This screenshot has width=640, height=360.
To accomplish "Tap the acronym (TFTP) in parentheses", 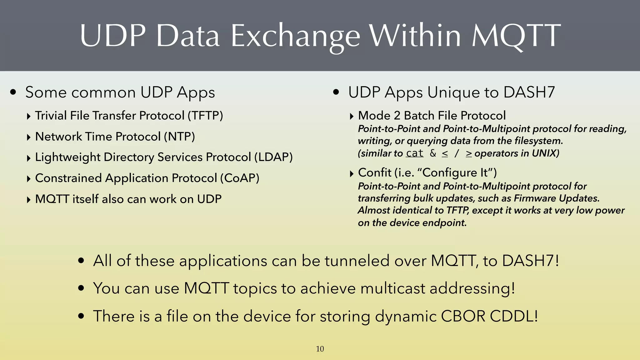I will (205, 116).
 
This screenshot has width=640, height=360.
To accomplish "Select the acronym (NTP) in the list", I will (180, 137).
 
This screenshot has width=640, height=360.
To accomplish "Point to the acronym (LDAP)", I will (273, 157).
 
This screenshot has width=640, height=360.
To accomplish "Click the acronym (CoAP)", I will (240, 178).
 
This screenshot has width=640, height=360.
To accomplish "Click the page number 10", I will (320, 349).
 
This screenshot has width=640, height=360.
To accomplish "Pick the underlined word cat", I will (415, 153).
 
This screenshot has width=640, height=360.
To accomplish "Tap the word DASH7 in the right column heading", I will (529, 92).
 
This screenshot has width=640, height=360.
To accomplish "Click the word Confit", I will (374, 172).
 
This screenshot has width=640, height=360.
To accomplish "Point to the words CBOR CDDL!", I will (489, 316).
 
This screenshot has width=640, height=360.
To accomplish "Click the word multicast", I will (393, 288).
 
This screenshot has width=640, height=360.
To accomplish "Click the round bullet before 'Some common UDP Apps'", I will (13, 92).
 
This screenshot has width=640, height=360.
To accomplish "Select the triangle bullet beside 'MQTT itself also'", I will (29, 200).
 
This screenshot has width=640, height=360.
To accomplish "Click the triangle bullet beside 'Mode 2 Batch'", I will (352, 117).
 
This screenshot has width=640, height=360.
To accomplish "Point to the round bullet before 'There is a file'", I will (81, 316).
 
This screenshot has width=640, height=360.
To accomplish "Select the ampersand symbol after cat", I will (433, 153).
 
